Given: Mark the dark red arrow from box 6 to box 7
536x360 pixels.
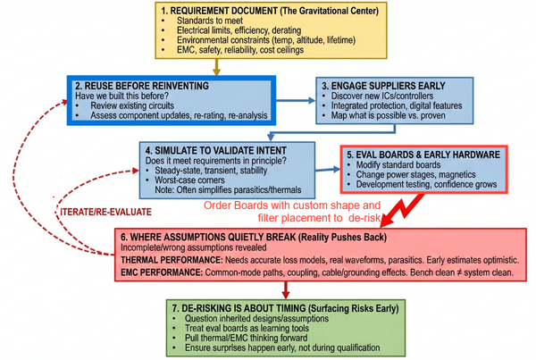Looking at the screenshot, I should click(x=285, y=291).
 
